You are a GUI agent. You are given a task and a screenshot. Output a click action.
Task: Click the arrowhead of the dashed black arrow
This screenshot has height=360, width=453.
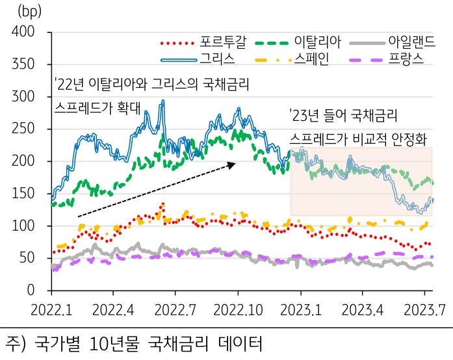click(232, 164)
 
